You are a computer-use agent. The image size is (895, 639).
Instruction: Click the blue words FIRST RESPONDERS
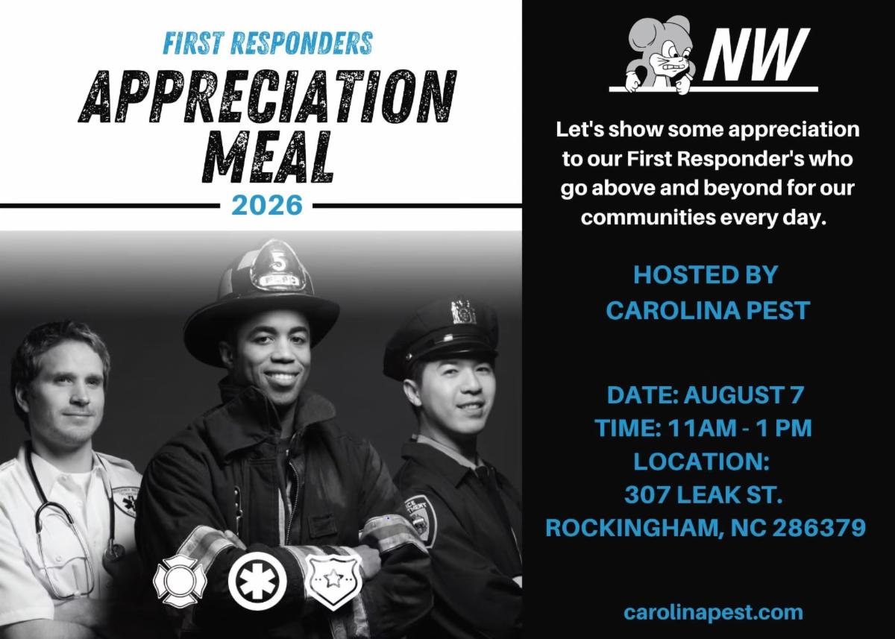(268, 43)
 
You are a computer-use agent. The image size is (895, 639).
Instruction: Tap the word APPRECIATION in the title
(267, 97)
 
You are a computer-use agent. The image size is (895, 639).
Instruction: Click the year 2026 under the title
(266, 205)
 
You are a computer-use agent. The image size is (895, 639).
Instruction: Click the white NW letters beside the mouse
(754, 54)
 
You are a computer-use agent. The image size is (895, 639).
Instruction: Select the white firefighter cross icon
(180, 580)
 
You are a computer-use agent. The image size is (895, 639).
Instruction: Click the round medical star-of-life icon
(258, 581)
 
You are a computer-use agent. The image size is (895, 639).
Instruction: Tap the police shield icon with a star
(333, 581)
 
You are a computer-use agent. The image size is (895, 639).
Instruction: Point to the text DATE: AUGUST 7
(706, 395)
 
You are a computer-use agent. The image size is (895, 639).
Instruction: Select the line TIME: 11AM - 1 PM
(703, 428)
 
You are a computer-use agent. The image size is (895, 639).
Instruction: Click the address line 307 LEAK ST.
(703, 495)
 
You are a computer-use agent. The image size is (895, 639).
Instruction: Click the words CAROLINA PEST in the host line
(708, 310)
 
